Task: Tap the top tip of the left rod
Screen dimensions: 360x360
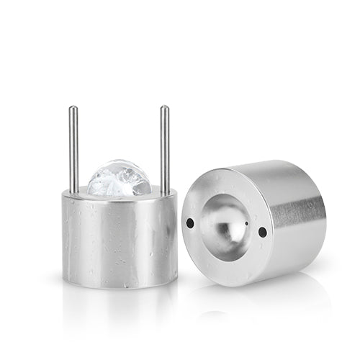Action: pyautogui.click(x=73, y=108)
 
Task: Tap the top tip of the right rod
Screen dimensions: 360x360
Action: pyautogui.click(x=165, y=108)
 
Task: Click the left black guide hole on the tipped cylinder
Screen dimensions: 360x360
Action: pyautogui.click(x=189, y=222)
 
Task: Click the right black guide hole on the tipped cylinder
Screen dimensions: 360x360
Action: pyautogui.click(x=262, y=232)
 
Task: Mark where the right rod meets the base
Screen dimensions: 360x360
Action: pyautogui.click(x=165, y=193)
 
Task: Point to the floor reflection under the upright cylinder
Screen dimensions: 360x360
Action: pyautogui.click(x=120, y=302)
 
